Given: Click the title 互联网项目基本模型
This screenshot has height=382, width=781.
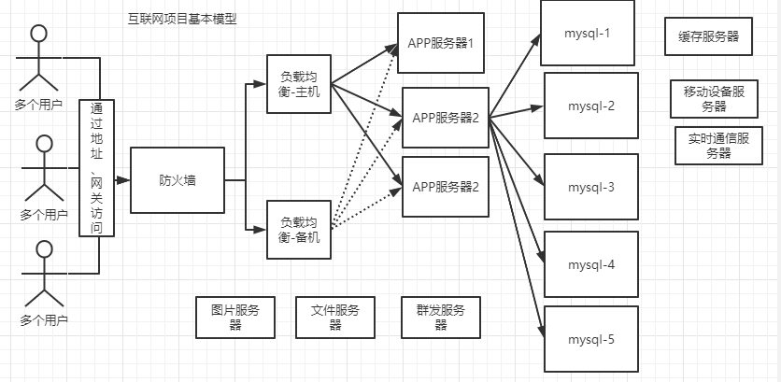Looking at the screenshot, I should (182, 19).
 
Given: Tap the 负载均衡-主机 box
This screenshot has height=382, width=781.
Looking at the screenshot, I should (299, 83).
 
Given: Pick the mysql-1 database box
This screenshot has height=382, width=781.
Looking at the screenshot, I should (589, 34).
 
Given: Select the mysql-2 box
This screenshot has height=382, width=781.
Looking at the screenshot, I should (590, 106).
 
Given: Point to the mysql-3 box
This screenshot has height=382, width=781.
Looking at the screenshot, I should (590, 187).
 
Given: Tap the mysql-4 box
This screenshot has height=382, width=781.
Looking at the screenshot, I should (590, 264).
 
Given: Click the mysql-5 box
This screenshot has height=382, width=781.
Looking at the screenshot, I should (590, 339).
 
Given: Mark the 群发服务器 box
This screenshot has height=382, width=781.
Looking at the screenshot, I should (440, 318).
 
